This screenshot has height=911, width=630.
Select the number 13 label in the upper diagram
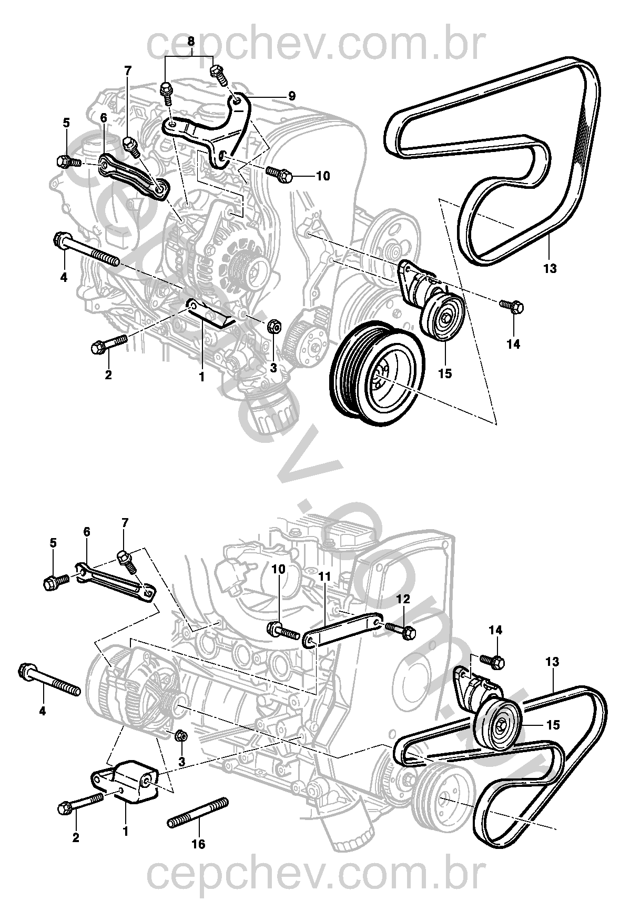point(550,269)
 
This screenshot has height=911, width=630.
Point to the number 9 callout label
point(292,96)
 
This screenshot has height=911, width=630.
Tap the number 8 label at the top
point(190,41)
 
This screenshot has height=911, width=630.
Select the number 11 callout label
point(324,576)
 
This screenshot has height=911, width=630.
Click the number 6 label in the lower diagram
point(87,532)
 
